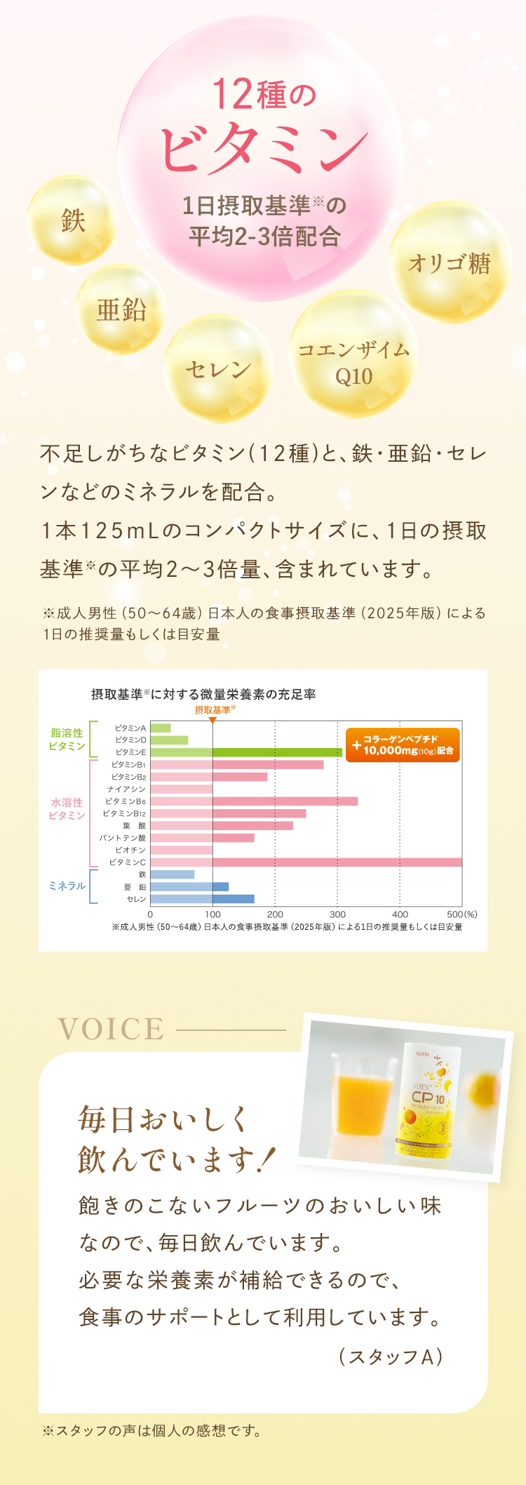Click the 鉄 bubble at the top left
(73, 220)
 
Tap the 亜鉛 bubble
(121, 309)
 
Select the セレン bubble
(218, 369)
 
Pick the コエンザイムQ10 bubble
(353, 362)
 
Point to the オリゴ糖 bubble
(450, 263)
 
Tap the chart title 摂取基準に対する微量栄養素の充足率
(203, 694)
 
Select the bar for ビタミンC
(306, 862)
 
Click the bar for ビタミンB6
(254, 801)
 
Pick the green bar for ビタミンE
(245, 752)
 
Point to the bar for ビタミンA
(161, 728)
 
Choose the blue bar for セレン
(202, 899)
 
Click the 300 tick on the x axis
(337, 914)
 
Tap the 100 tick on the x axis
(213, 914)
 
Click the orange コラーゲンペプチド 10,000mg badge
(403, 745)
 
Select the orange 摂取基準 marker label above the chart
(213, 710)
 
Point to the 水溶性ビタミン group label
(67, 808)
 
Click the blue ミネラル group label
(67, 886)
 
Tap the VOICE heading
(112, 1029)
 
